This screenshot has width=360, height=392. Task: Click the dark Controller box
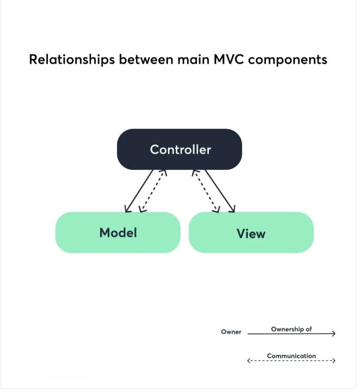[179, 149]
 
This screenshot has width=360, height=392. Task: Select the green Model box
[118, 232]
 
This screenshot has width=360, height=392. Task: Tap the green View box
[251, 233]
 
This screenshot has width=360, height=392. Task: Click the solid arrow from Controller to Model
[139, 191]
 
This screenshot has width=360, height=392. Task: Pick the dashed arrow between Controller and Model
[153, 191]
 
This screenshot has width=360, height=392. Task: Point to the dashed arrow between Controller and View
[206, 191]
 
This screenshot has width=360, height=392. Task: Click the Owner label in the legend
[231, 332]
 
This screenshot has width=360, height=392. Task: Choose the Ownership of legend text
[291, 329]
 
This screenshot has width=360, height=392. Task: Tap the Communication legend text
[291, 356]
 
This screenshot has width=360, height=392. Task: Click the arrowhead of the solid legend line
[333, 333]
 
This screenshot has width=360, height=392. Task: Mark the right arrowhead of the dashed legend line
[333, 360]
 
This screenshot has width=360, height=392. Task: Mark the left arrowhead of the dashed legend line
[249, 360]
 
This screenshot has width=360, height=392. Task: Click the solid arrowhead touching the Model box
[127, 209]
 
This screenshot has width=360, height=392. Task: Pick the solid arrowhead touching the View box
[233, 209]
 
